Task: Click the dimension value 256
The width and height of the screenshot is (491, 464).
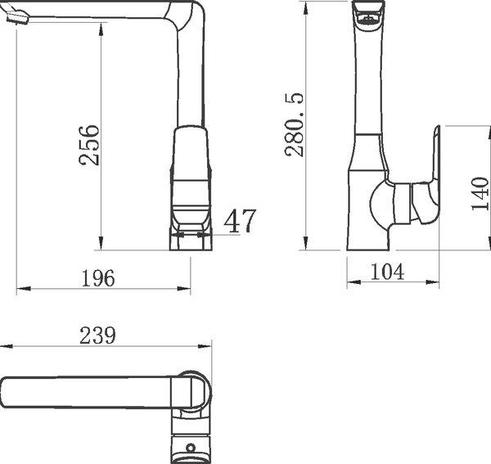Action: [x=89, y=145]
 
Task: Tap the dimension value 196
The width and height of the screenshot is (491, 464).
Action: [x=98, y=278]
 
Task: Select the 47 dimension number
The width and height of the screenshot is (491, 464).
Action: [x=240, y=221]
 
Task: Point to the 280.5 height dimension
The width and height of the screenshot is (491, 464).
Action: [x=294, y=124]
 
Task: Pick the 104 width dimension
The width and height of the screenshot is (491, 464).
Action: [x=387, y=272]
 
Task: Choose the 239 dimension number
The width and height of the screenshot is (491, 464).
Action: [x=97, y=336]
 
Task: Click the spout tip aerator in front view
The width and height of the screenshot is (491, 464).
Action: [x=17, y=17]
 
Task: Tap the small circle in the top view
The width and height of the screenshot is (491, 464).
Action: [x=191, y=448]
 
